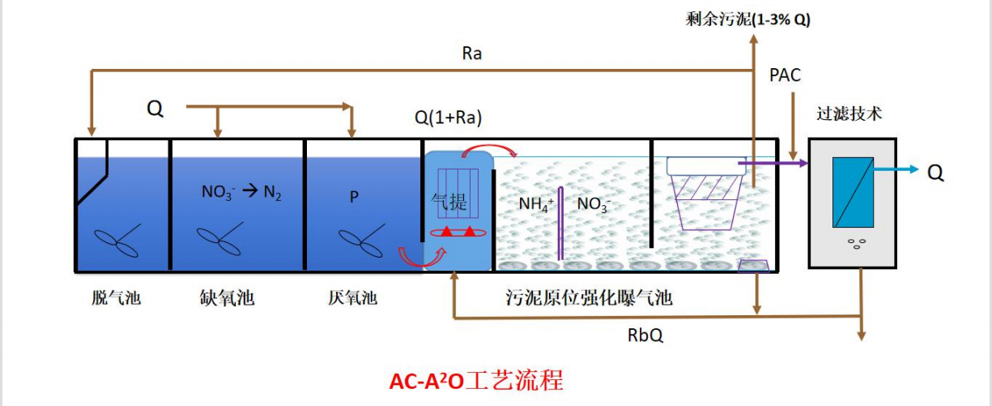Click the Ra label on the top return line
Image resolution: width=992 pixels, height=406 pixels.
(x=472, y=54)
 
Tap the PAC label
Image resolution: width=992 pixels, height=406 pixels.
(x=785, y=75)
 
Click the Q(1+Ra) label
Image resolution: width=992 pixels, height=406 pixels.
(x=448, y=118)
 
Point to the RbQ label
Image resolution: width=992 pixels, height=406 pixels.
(x=645, y=334)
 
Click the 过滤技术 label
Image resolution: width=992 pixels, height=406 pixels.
(x=849, y=114)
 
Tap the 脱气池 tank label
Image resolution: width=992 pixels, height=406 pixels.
(x=117, y=298)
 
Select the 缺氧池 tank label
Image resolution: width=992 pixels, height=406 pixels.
(x=227, y=298)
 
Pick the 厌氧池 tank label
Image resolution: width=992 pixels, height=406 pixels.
(x=352, y=298)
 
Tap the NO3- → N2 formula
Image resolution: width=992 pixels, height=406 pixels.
(x=241, y=193)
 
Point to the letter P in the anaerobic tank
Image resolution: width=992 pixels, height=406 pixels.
(x=354, y=197)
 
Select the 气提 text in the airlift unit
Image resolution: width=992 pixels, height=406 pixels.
(x=449, y=202)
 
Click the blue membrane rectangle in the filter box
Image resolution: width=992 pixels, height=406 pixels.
(x=853, y=192)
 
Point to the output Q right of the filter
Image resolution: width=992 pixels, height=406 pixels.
(x=935, y=172)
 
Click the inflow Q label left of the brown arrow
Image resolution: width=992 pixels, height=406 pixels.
(x=155, y=109)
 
